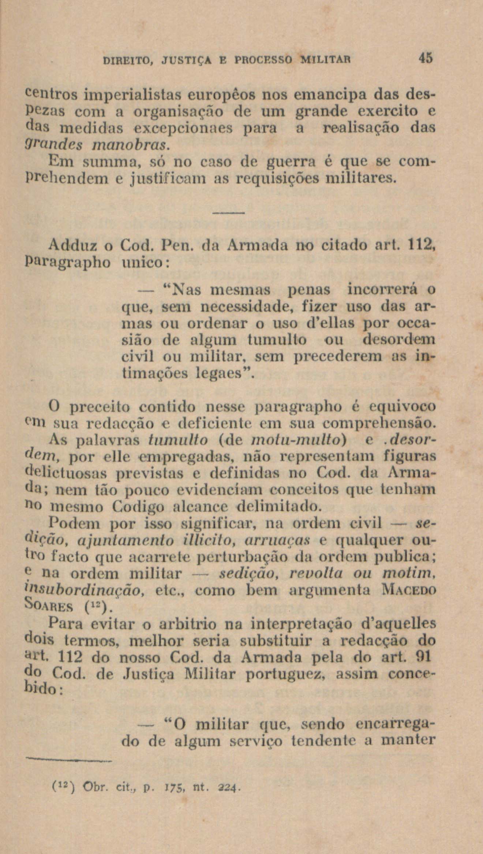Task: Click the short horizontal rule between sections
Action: (228, 213)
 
